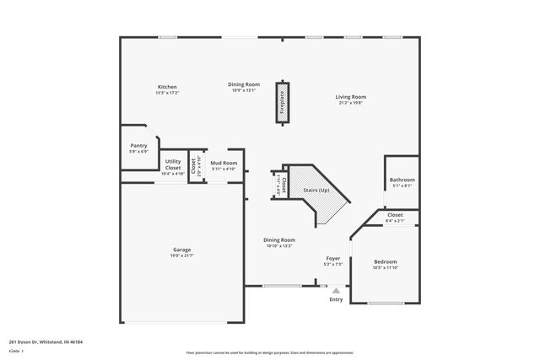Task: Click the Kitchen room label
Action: point(167,87)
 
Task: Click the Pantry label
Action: point(138,146)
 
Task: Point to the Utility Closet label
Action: point(173,164)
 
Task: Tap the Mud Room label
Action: point(224,163)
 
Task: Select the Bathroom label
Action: point(402,180)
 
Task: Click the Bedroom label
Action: point(385,262)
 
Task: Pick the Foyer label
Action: point(334,258)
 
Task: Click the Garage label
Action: point(182,250)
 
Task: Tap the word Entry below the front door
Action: point(336,299)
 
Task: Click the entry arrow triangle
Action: point(336,289)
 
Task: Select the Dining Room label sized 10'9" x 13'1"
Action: point(244,84)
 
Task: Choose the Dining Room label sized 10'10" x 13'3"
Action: point(279,239)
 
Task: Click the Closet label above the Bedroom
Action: point(395,215)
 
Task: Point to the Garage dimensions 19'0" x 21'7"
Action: point(182,255)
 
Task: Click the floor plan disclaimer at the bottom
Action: point(270,352)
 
